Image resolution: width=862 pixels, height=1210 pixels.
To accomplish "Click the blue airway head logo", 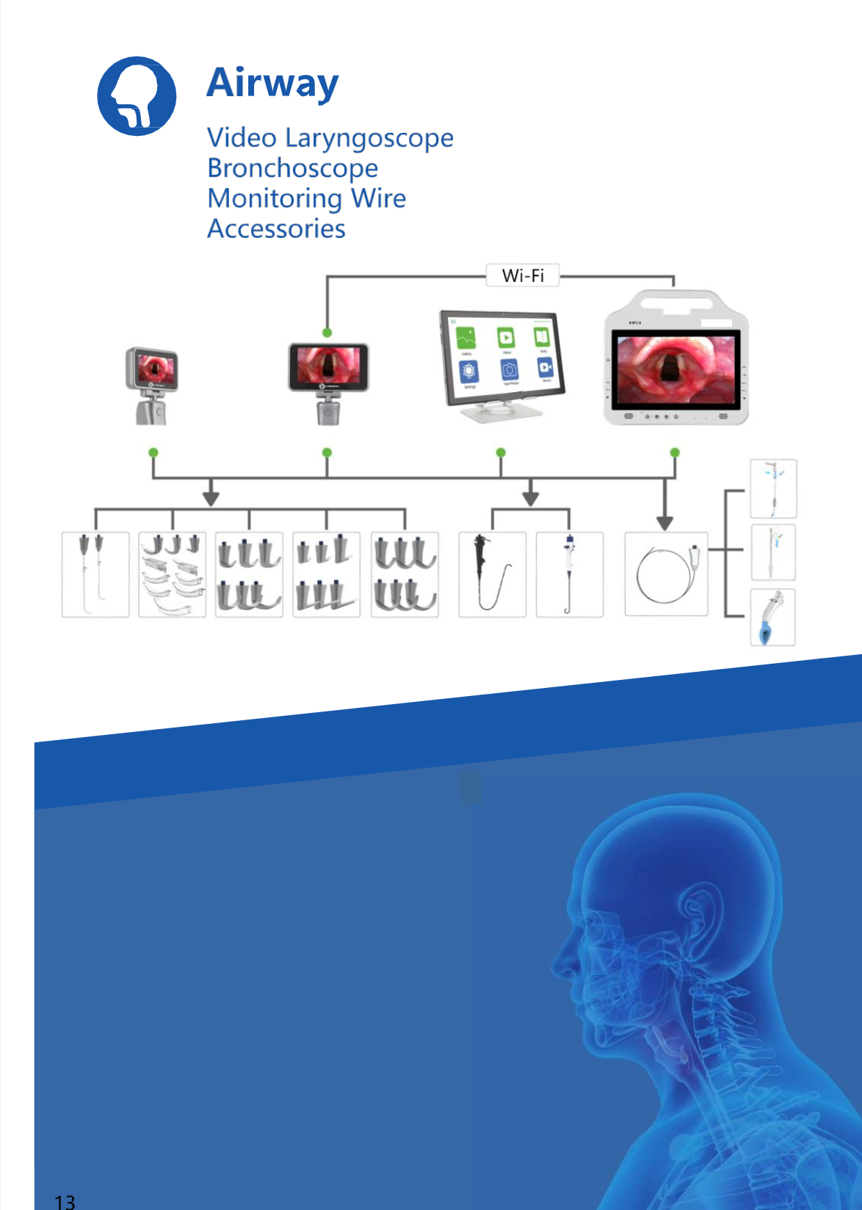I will point(137,96).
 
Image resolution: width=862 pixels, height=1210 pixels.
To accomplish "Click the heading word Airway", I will point(272,82).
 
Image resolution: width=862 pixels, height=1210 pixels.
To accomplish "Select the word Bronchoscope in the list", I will point(292,168).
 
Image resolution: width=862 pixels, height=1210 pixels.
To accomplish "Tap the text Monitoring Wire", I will point(306,198).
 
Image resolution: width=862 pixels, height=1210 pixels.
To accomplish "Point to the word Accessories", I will point(276,229).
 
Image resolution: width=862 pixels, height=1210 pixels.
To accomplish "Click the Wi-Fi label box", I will point(523,275).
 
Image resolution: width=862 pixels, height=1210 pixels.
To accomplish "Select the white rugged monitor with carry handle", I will point(676,360).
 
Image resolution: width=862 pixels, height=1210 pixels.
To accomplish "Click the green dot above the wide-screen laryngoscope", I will point(327,333).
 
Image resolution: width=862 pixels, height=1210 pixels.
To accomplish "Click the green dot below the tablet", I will point(501,452).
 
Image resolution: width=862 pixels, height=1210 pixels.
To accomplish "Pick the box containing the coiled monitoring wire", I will point(666,573).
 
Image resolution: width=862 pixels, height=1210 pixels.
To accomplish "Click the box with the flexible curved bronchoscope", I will point(492,574).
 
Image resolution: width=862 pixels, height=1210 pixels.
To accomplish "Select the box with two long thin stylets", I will point(95,574).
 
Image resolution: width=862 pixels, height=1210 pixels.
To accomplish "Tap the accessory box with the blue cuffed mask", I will point(772,617).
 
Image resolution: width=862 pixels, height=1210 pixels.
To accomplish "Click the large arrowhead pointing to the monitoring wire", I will point(665,522).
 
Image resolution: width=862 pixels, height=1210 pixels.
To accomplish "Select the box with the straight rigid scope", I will point(569,574).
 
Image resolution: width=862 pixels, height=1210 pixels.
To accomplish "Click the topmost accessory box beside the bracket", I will point(772,488).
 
